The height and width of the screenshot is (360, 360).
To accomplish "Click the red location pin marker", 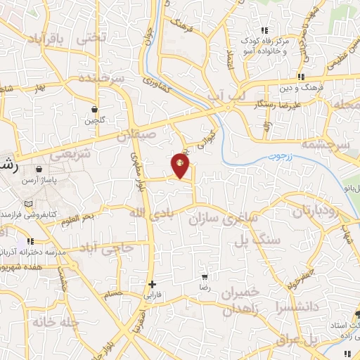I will click(x=180, y=166).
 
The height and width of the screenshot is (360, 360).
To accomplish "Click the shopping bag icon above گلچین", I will click(x=94, y=109).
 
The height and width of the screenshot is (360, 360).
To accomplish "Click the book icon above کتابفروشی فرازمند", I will click(x=28, y=204).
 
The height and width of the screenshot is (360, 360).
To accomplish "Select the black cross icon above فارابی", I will click(x=152, y=285).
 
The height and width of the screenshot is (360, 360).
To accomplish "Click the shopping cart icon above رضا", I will click(x=204, y=278).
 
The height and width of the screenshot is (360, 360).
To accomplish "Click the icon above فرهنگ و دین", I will click(x=301, y=77).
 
